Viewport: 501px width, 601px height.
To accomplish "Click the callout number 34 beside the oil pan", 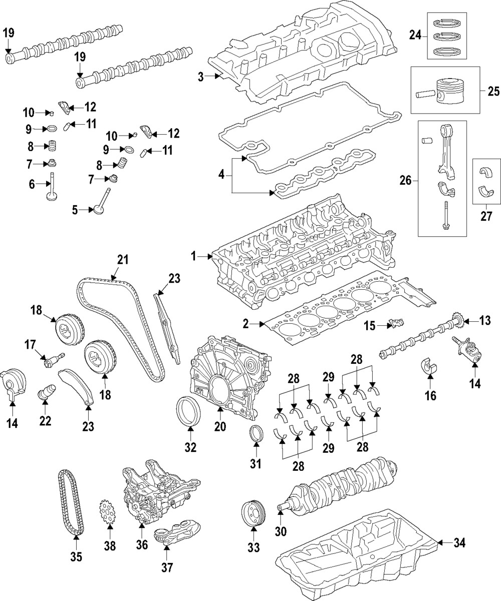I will [x=459, y=542].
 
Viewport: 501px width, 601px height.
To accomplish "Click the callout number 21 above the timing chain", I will [x=123, y=260].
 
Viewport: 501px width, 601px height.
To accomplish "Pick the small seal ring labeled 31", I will [x=256, y=433].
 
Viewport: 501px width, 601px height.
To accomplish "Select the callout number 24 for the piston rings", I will [x=415, y=35].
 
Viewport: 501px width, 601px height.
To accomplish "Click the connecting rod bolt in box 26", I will [x=445, y=215].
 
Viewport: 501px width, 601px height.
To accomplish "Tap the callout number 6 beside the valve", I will [x=32, y=184].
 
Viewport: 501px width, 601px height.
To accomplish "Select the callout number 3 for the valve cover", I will [x=200, y=77].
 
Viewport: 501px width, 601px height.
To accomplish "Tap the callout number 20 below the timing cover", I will [x=220, y=426].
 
